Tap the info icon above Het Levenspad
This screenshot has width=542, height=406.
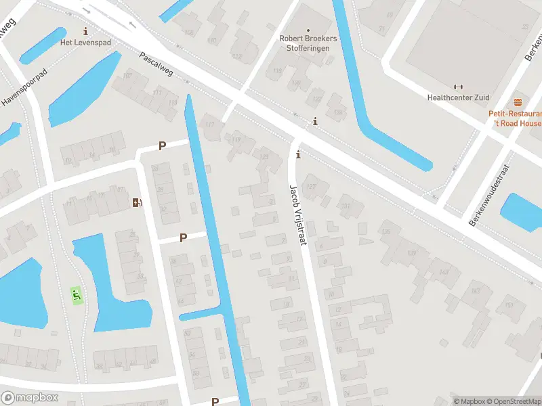click(85, 31)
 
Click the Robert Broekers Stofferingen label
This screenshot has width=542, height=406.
click(308, 43)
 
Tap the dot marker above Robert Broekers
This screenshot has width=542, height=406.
click(308, 30)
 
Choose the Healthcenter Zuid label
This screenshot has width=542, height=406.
click(458, 97)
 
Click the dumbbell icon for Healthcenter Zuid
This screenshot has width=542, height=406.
click(458, 87)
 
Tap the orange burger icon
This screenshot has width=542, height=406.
click(518, 102)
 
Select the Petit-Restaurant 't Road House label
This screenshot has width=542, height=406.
click(516, 118)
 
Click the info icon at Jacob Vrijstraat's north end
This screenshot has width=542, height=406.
click(298, 155)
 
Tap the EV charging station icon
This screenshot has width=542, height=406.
click(138, 202)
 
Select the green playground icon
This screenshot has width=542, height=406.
click(77, 295)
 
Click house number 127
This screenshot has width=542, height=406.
click(312, 186)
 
